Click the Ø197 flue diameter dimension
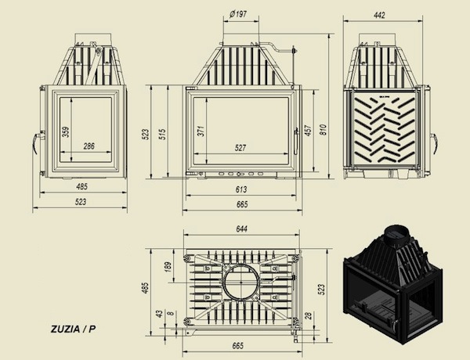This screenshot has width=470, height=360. [239, 13]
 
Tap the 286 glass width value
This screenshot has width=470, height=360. [89, 146]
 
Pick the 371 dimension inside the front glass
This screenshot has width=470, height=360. [201, 132]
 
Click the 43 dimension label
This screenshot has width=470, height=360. [159, 313]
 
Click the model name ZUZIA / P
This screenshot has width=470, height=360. [72, 329]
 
